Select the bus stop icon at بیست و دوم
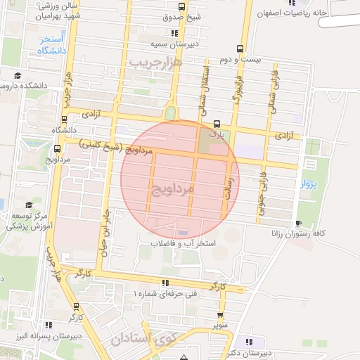tap(240, 49)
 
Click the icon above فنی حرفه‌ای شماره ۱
tap(165, 283)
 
